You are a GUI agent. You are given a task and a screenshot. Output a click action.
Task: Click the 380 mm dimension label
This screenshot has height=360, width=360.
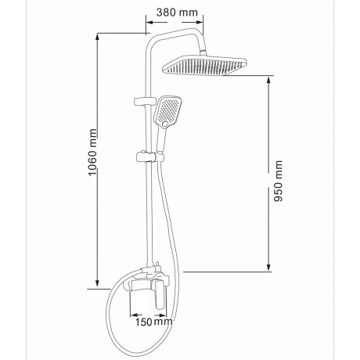[177, 13]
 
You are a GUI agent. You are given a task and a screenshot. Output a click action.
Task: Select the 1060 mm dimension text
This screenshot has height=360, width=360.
[92, 153]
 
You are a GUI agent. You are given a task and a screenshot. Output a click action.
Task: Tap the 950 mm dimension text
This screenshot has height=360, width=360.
[278, 181]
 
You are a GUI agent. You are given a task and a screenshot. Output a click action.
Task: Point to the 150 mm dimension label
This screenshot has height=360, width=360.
[153, 322]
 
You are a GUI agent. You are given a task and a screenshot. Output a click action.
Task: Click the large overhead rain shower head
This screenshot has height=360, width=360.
[204, 65]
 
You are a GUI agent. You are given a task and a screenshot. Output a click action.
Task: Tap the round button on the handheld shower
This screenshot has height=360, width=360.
[165, 124]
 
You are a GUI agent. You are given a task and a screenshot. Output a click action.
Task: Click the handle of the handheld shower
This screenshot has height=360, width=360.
[160, 140]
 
